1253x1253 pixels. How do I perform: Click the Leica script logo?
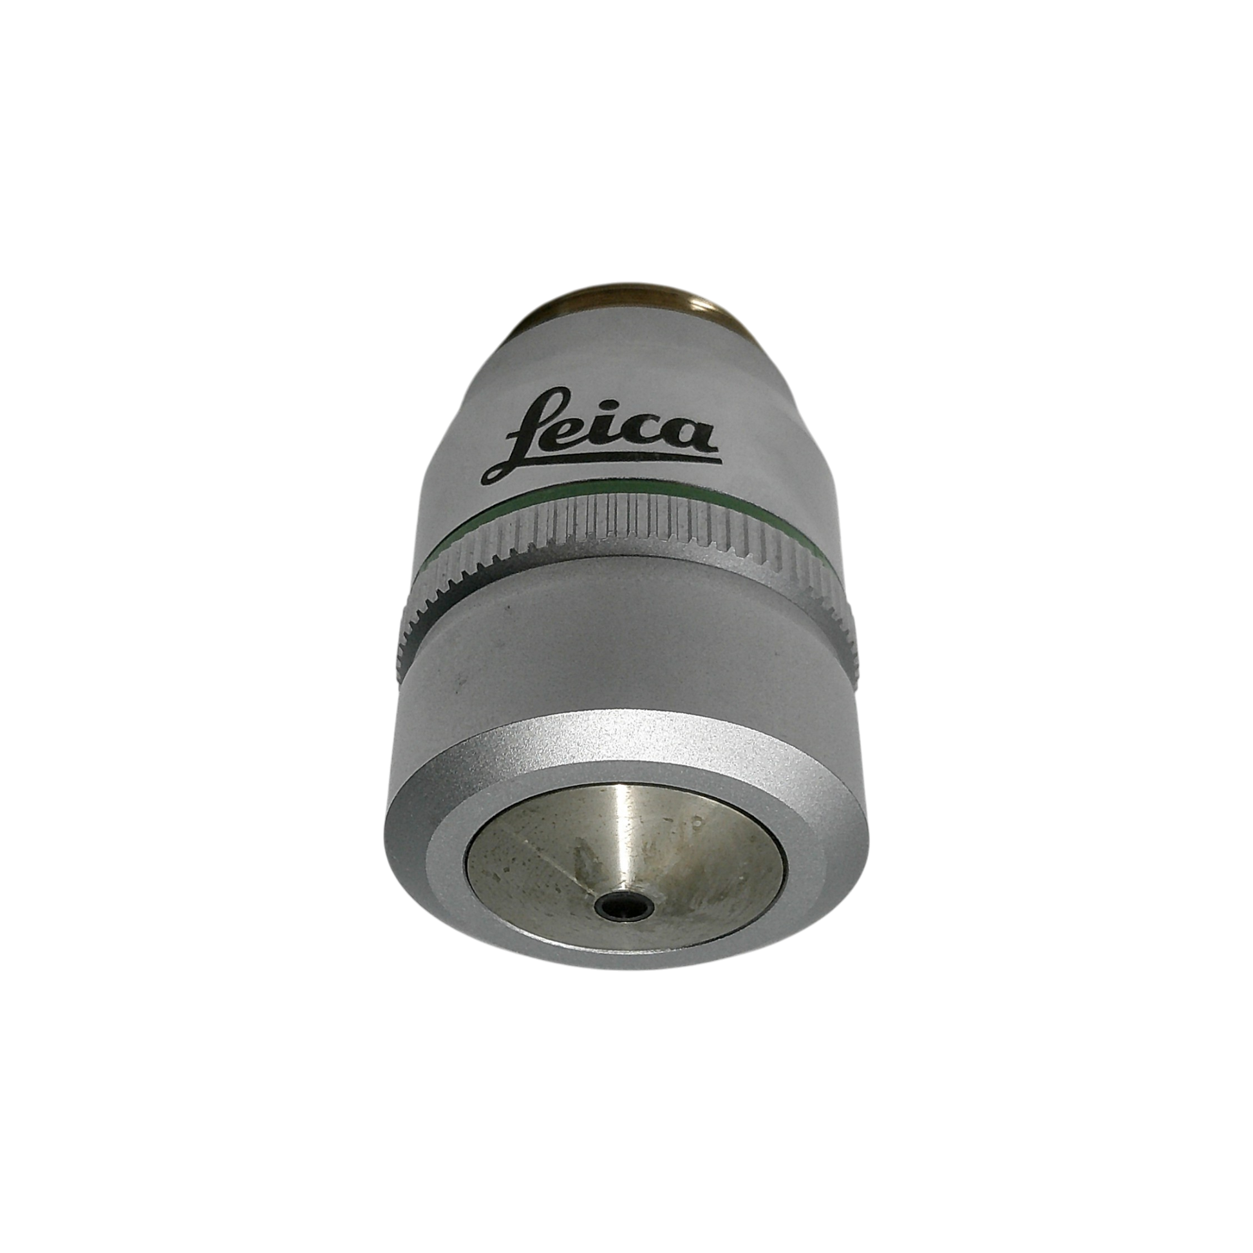pos(600,435)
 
